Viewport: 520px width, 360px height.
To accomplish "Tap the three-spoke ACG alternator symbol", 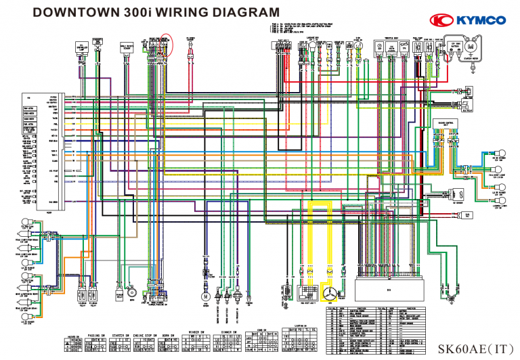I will (330, 294).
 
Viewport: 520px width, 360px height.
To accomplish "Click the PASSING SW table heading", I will (97, 334).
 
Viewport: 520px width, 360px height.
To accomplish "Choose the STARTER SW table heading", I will (123, 334).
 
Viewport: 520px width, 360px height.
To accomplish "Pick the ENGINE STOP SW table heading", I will (149, 334).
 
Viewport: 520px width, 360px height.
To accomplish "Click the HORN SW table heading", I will (174, 334).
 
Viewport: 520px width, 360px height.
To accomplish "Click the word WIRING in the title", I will (181, 13).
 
